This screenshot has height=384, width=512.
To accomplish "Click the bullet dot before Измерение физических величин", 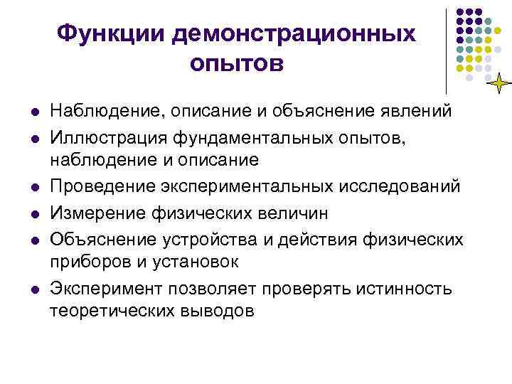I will click(x=33, y=213).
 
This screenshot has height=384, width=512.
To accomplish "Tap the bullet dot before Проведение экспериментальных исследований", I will click(x=33, y=187).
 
